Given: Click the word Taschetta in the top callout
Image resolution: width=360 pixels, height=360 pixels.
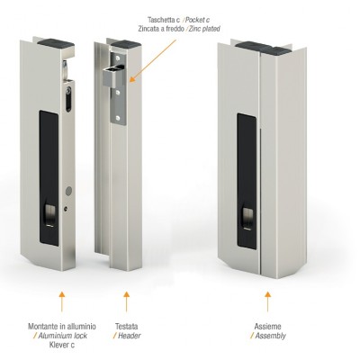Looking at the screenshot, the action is pos(161,20).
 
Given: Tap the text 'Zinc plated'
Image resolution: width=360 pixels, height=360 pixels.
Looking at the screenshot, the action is pos(205,29).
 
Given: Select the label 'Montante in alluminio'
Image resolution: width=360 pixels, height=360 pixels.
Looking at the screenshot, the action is pos(62,327).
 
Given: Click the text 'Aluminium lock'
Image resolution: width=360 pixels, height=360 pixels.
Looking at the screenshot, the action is pos(62,336).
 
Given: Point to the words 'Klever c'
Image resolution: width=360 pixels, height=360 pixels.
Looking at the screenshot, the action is pos(62,345).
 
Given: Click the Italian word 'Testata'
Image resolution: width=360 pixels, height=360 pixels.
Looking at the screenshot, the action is pos(127,327).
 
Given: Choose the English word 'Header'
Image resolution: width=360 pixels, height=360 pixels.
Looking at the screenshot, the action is pos(130,336).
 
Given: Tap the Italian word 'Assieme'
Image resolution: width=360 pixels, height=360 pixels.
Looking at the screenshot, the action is pos(267,327).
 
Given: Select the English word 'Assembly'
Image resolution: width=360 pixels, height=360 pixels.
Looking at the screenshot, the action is pos(270,336).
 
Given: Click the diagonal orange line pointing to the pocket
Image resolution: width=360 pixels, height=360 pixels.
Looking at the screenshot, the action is pos(153,60).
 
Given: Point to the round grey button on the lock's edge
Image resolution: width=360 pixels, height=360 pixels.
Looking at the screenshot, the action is pos(68,190).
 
